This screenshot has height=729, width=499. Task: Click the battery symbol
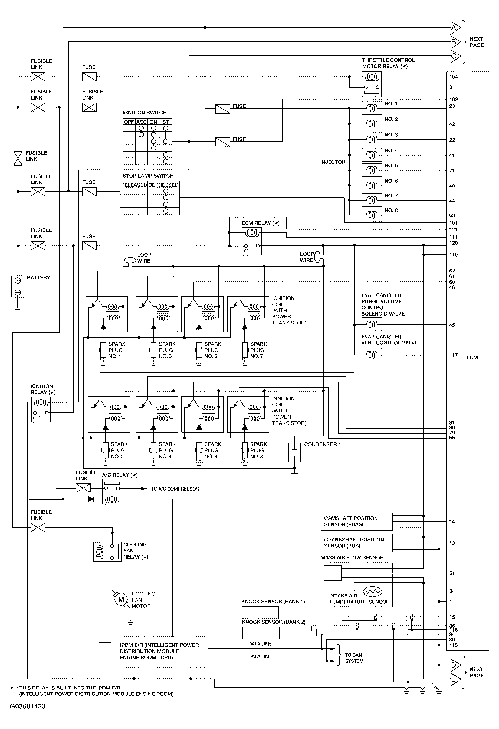(x=18, y=286)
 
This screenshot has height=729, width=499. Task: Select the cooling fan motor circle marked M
(x=121, y=599)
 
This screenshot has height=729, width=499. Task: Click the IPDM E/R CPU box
(x=159, y=651)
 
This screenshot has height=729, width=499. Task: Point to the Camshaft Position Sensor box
(x=356, y=521)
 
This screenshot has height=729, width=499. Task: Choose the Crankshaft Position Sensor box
(x=356, y=543)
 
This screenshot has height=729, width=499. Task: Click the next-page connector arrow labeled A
(x=455, y=28)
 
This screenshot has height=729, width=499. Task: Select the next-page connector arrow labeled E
(x=455, y=679)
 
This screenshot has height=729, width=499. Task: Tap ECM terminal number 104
(x=453, y=77)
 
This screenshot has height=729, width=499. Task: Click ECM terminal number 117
(x=453, y=355)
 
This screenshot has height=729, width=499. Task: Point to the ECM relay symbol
(x=252, y=241)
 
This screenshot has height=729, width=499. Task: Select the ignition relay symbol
(x=41, y=409)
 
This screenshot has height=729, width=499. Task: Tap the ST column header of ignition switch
(x=166, y=122)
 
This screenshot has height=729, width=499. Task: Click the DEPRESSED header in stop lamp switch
(x=163, y=185)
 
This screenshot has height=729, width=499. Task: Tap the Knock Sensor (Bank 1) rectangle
(x=260, y=612)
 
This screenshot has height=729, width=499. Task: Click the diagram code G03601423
(x=28, y=706)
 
